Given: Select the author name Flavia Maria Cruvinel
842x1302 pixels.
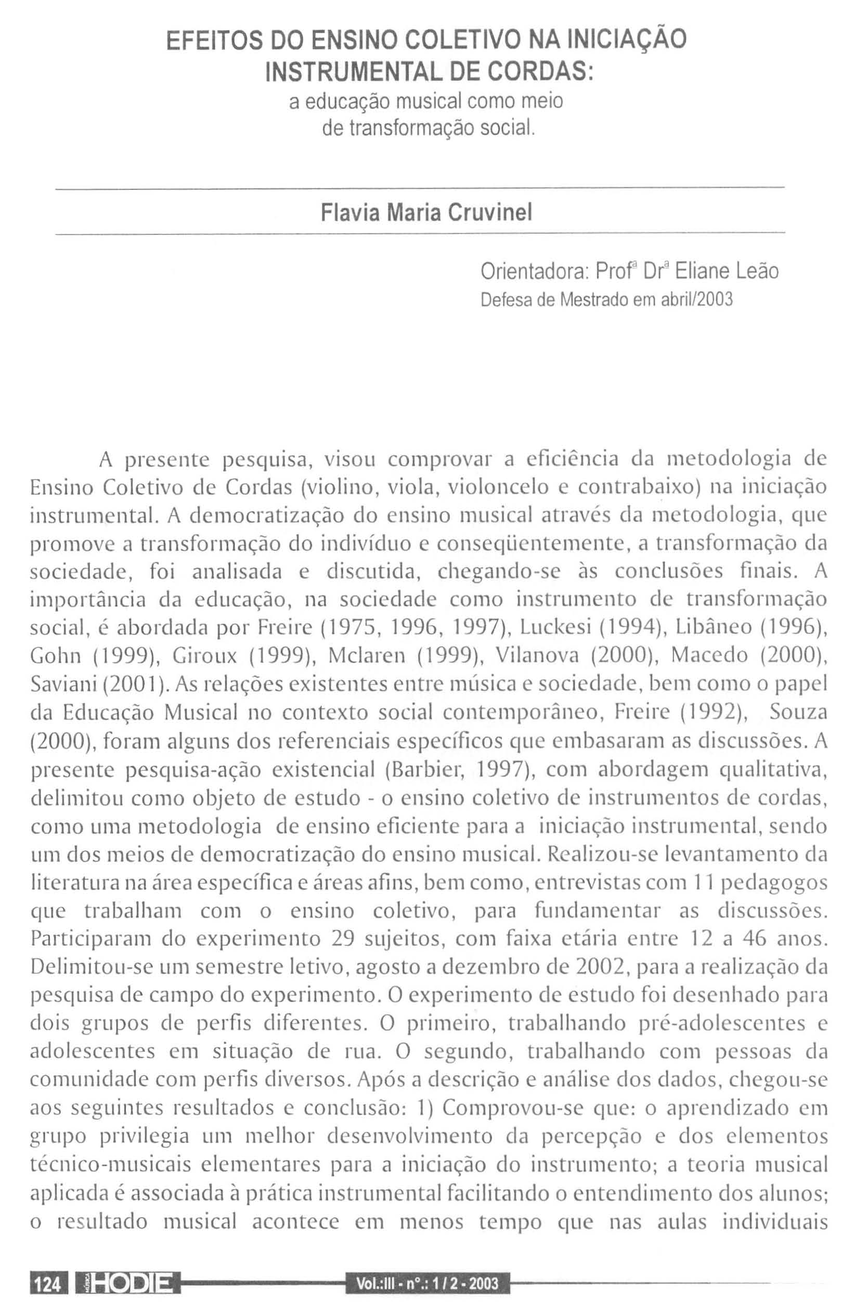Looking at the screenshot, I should (426, 212).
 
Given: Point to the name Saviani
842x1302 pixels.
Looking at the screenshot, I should (63, 685).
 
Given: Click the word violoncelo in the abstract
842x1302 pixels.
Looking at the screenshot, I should (501, 486).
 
